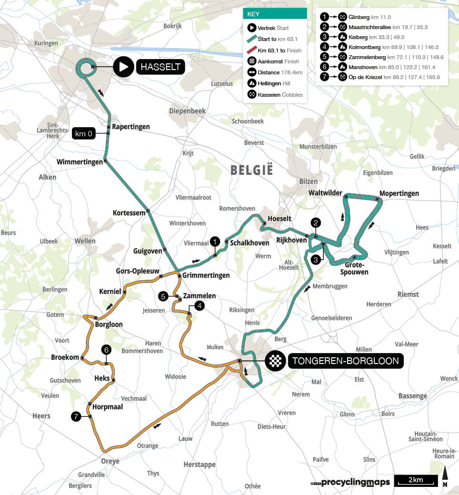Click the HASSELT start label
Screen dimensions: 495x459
(x=161, y=67)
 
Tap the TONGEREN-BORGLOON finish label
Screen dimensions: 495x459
(x=346, y=361)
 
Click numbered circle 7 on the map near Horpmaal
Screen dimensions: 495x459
(x=75, y=417)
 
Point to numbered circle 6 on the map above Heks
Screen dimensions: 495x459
(x=107, y=350)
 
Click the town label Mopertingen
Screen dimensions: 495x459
(x=399, y=193)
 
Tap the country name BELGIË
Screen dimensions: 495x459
(x=251, y=170)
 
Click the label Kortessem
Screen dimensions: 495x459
(x=129, y=213)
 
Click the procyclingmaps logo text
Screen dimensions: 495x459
(x=355, y=483)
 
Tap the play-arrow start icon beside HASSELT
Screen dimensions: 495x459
(x=123, y=67)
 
